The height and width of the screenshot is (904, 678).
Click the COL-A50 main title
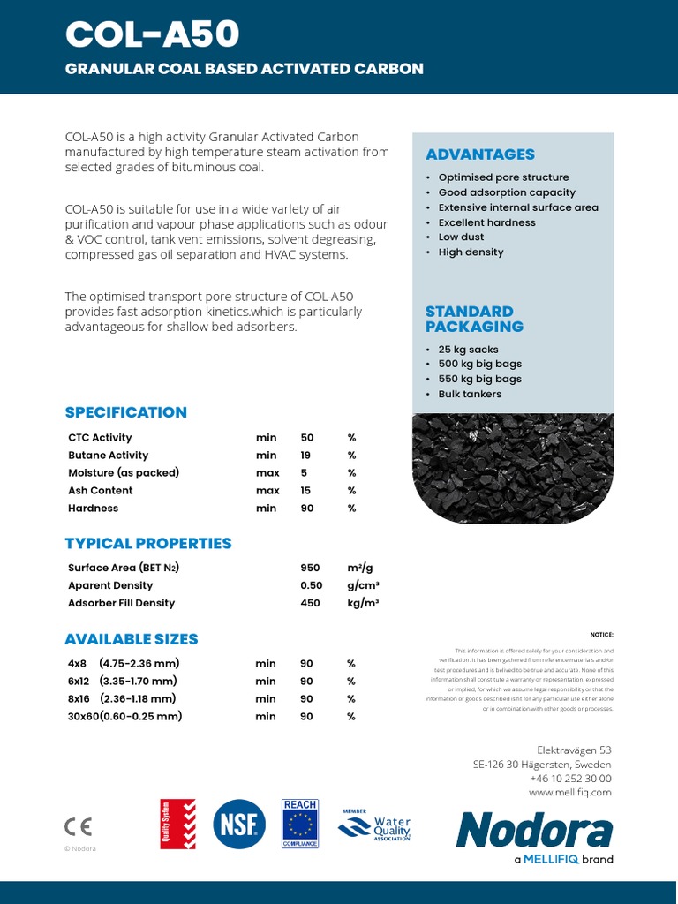tap(152, 34)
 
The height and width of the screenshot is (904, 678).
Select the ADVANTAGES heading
tap(479, 154)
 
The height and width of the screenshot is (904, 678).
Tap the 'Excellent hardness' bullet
tap(486, 222)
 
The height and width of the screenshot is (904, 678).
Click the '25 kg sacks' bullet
tap(468, 350)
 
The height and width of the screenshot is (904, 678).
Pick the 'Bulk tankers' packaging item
tap(469, 394)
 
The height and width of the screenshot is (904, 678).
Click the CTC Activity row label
tap(100, 438)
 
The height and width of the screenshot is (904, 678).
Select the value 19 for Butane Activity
tap(305, 456)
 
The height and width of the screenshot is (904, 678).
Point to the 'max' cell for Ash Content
tap(267, 491)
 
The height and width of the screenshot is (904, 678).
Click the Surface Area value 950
tap(310, 568)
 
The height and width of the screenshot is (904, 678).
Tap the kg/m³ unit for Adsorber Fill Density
tap(363, 603)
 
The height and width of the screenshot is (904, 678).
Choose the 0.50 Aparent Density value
tap(312, 585)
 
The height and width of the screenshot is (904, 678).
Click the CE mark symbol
tap(78, 826)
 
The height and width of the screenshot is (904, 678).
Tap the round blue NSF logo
tap(239, 825)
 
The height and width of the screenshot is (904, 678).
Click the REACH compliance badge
tap(300, 824)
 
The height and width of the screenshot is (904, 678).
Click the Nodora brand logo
tap(534, 831)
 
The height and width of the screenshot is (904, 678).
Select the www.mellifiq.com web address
tap(569, 793)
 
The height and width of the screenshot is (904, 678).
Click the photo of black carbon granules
tap(512, 468)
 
